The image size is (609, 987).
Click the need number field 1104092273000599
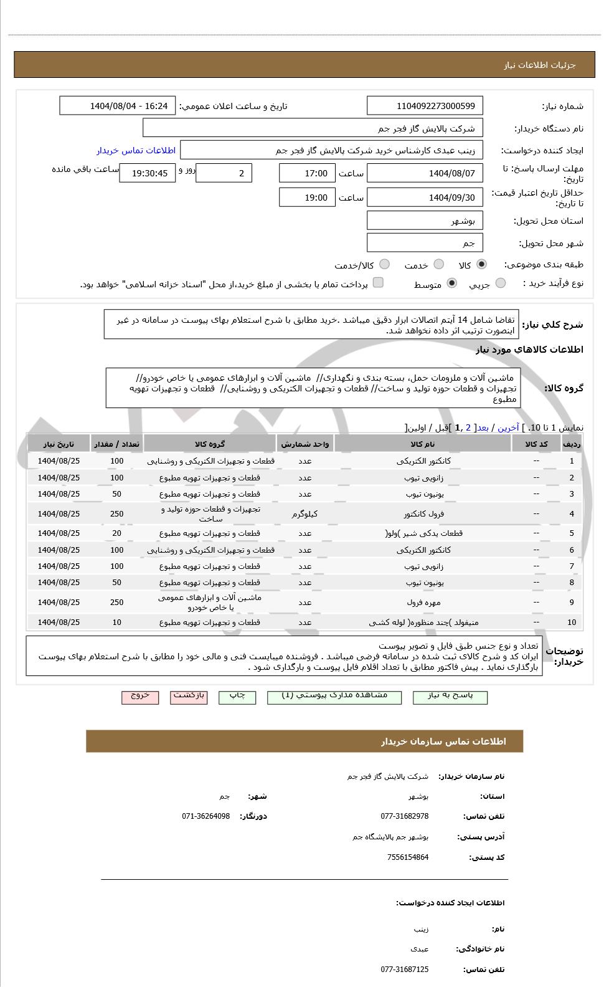pyautogui.click(x=425, y=106)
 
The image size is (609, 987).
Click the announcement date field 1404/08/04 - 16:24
pyautogui.click(x=118, y=106)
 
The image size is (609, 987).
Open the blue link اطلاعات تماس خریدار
pyautogui.click(x=136, y=150)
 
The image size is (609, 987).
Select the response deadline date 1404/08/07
pyautogui.click(x=425, y=173)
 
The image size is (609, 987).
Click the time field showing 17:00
pyautogui.click(x=307, y=173)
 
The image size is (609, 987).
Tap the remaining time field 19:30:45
pyautogui.click(x=148, y=173)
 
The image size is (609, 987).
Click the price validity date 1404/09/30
pyautogui.click(x=425, y=198)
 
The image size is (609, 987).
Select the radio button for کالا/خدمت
pyautogui.click(x=385, y=265)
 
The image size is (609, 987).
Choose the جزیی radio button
pyautogui.click(x=501, y=284)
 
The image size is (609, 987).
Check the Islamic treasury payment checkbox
pyautogui.click(x=378, y=283)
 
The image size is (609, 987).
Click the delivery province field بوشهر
pyautogui.click(x=425, y=221)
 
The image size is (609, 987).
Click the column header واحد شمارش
pyautogui.click(x=304, y=444)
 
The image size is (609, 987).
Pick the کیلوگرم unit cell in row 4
pyautogui.click(x=304, y=514)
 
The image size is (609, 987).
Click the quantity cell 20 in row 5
pyautogui.click(x=117, y=533)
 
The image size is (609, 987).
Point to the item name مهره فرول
pyautogui.click(x=423, y=603)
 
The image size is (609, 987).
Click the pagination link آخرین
pyautogui.click(x=507, y=428)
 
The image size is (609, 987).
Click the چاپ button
pyautogui.click(x=237, y=697)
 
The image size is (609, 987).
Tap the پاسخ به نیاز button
pyautogui.click(x=450, y=697)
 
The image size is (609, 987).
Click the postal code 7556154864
pyautogui.click(x=407, y=857)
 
